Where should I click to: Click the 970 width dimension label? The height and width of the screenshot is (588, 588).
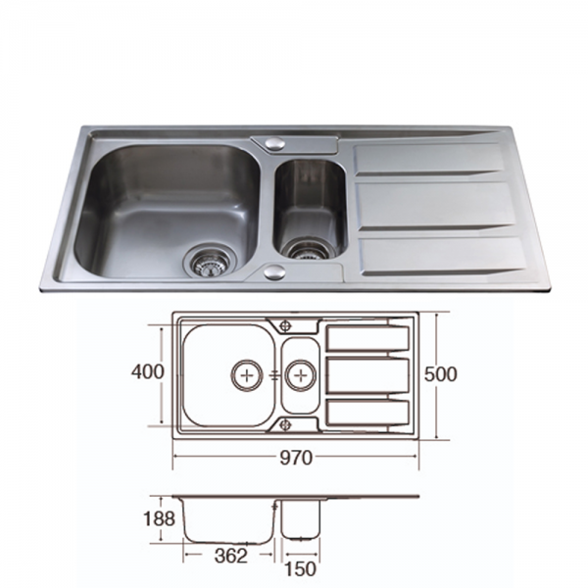[296, 458]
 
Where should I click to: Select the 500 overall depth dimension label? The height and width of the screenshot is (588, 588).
[441, 374]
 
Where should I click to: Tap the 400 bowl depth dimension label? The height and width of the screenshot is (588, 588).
[147, 372]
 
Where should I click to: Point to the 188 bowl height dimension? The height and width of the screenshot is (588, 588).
[159, 519]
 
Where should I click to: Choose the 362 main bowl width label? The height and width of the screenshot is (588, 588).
[231, 556]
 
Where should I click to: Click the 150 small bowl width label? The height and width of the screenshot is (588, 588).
[301, 569]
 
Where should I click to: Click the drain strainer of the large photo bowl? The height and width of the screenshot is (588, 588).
[210, 262]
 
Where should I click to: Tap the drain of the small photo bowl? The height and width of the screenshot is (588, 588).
[309, 249]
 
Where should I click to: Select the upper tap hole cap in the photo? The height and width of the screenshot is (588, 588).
[274, 144]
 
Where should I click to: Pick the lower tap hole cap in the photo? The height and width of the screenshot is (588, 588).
[274, 272]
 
